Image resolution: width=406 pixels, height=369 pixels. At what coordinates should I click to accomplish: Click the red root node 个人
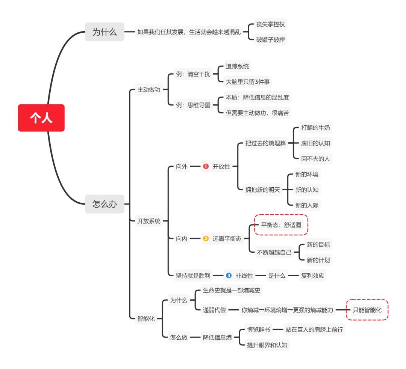pos(41,118)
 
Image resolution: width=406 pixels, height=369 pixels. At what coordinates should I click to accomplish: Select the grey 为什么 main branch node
pos(105,32)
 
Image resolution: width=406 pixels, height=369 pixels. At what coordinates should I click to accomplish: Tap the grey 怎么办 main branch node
pos(105,204)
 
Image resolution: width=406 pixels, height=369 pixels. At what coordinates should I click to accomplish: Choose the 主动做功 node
pos(149,90)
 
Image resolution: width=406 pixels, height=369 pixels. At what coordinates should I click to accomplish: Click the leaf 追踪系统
pos(237,66)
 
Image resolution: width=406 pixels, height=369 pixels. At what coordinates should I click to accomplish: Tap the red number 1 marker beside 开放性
pos(206,166)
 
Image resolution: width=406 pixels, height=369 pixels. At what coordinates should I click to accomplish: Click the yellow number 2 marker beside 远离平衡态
pos(206,238)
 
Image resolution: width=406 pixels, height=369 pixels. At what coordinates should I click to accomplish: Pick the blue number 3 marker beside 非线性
pos(229,276)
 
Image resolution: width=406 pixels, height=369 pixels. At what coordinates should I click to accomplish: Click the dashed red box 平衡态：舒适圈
pos(281,225)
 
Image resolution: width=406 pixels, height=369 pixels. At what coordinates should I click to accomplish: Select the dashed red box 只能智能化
pos(367,310)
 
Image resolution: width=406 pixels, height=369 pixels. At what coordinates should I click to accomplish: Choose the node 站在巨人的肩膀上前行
pos(314,330)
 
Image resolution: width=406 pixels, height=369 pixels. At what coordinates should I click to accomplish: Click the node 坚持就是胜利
pos(193,276)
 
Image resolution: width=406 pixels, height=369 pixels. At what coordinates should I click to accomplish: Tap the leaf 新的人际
pos(307,205)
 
